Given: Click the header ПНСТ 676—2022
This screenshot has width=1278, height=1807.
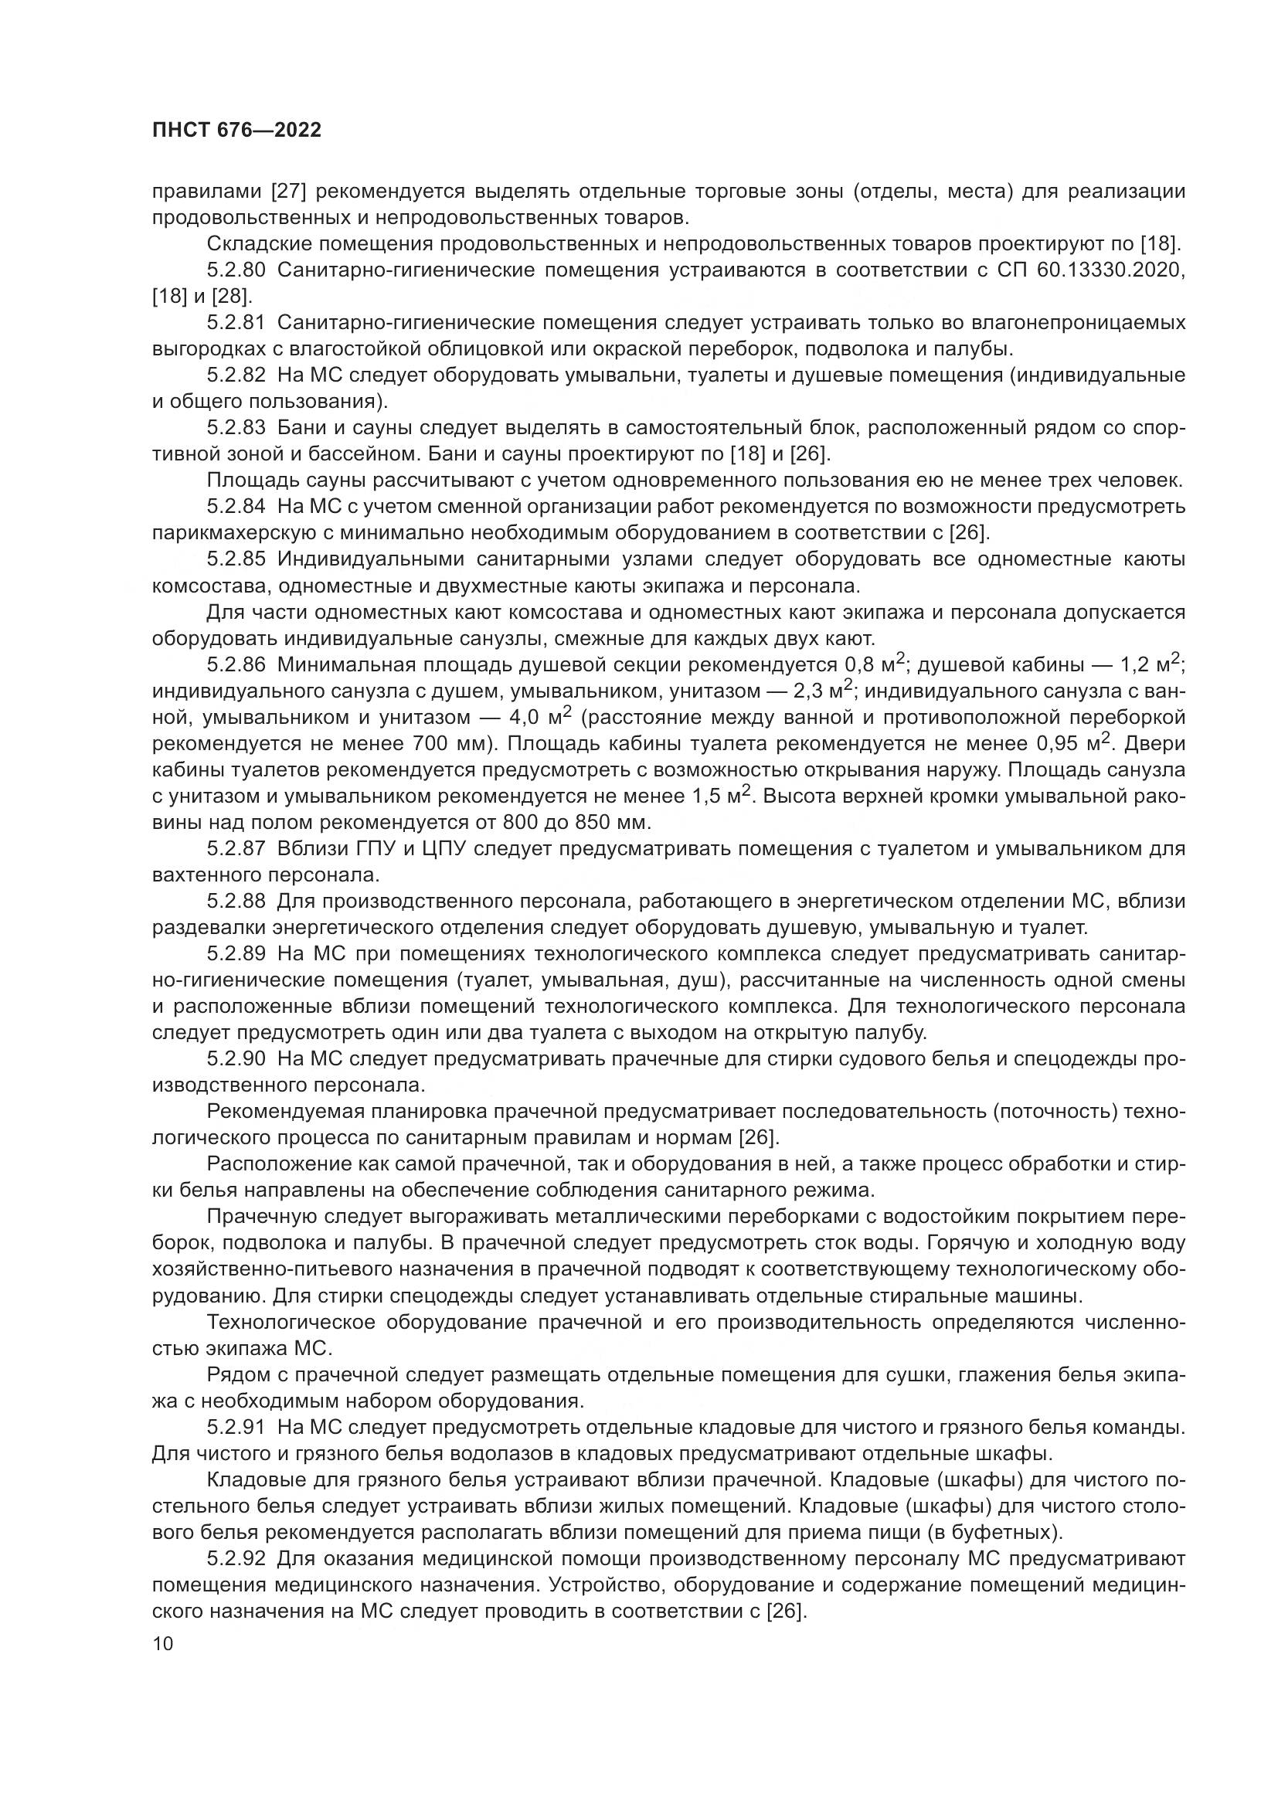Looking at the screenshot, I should click(x=236, y=130).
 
